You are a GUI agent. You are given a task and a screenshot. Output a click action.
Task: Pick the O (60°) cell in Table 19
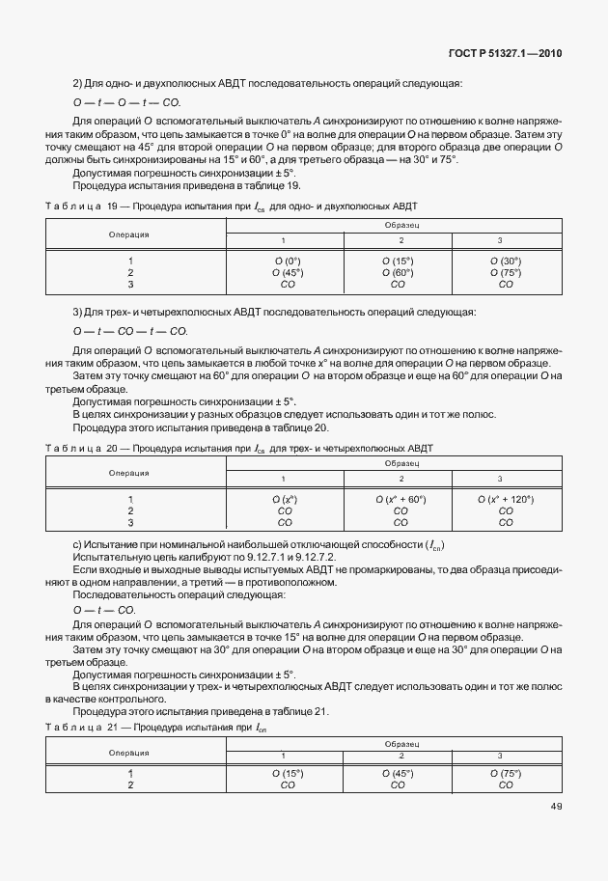click(x=397, y=272)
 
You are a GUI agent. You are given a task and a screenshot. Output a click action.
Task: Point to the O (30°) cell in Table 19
click(x=505, y=261)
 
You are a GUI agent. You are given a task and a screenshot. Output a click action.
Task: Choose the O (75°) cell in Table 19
click(x=505, y=272)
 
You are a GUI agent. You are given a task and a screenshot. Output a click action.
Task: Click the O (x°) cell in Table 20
click(x=285, y=499)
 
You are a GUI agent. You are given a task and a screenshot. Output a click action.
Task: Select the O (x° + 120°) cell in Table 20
click(x=505, y=499)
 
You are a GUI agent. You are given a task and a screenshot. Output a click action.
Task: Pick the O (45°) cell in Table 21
click(x=397, y=774)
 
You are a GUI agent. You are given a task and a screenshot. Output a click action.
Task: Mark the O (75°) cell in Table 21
click(x=505, y=774)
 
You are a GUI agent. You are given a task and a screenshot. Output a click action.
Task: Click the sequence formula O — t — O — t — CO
click(x=126, y=101)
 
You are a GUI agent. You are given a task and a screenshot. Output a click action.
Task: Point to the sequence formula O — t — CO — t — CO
click(x=130, y=331)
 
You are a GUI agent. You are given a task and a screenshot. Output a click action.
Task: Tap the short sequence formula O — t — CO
click(x=104, y=611)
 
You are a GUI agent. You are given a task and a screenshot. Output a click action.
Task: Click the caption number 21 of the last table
click(x=112, y=726)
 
